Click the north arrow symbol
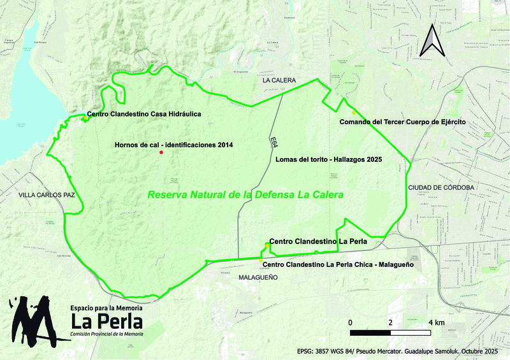tap(431, 40)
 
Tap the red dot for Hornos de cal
tap(162, 153)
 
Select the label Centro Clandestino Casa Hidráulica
tap(144, 114)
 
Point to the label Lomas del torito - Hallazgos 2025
tap(328, 160)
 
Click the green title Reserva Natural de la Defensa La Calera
tap(245, 195)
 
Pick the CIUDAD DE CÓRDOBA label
tap(441, 187)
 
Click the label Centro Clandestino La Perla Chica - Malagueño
tap(338, 264)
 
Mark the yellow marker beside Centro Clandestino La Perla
tap(266, 245)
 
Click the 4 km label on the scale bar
tap(435, 322)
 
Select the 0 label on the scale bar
tap(351, 322)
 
